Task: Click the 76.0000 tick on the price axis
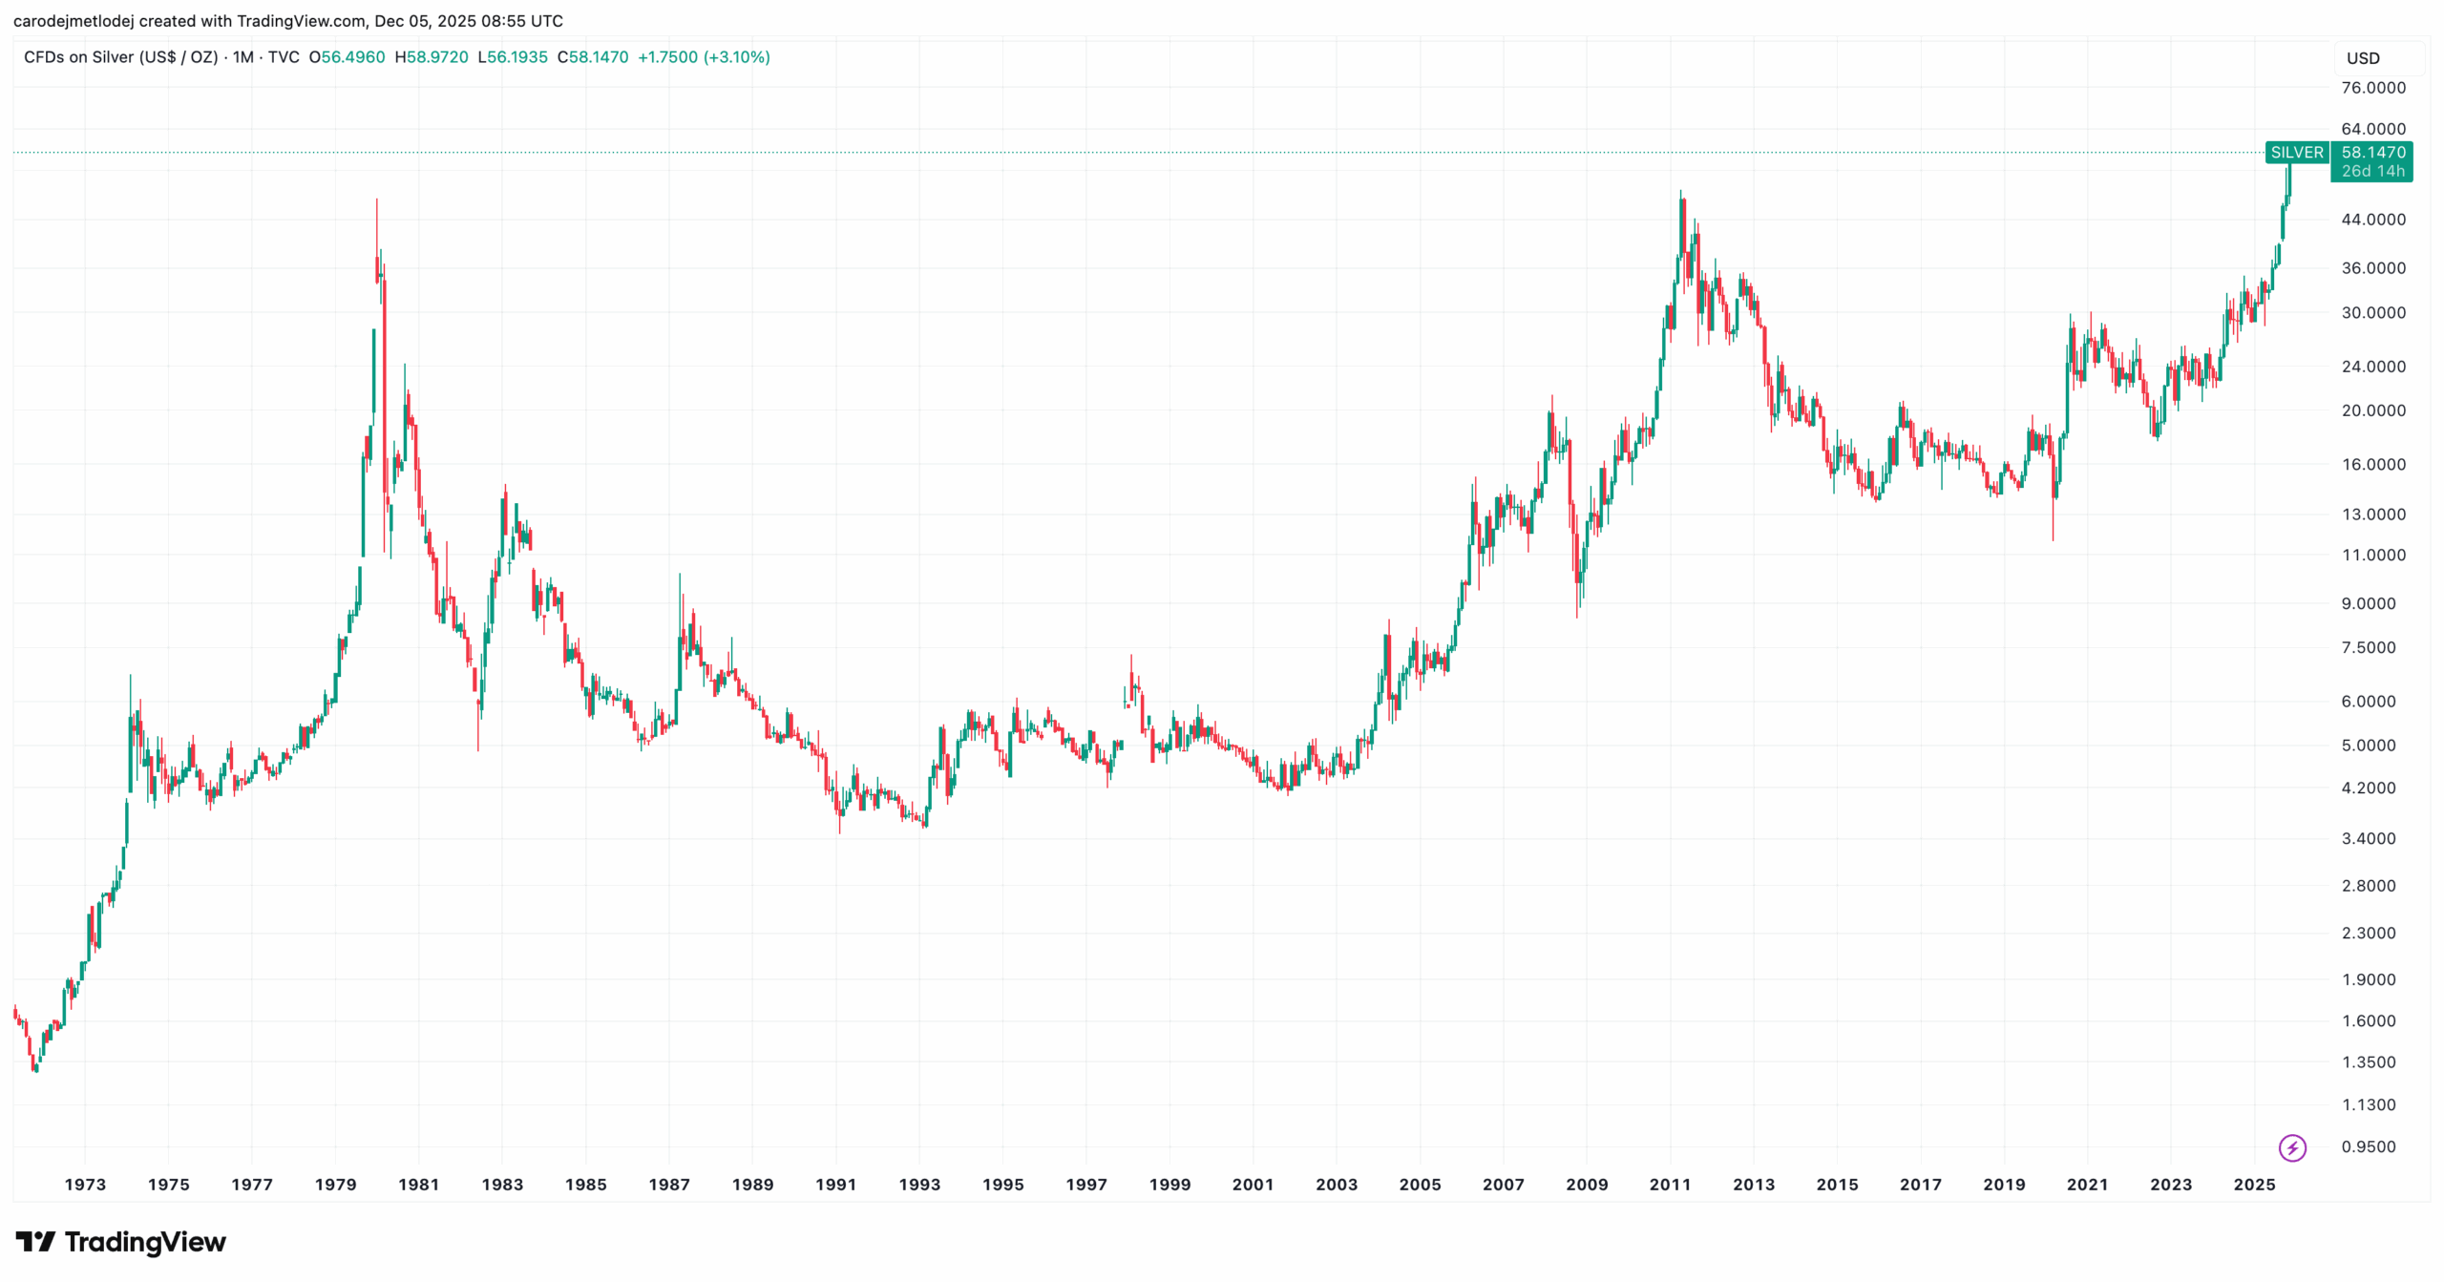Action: click(x=2372, y=88)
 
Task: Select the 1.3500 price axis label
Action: click(x=2368, y=1062)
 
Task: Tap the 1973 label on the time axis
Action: click(x=85, y=1185)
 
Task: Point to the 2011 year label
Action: click(x=1670, y=1185)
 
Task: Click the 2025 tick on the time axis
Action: click(x=2254, y=1185)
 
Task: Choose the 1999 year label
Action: click(x=1169, y=1185)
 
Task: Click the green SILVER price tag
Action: click(x=2296, y=153)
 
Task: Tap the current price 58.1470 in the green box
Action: click(x=2372, y=153)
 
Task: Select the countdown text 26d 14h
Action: click(x=2372, y=172)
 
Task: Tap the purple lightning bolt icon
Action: click(x=2292, y=1147)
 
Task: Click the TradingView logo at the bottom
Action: click(x=120, y=1242)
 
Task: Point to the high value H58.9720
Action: click(x=432, y=57)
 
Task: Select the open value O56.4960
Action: click(x=347, y=57)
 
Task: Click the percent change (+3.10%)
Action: click(x=736, y=57)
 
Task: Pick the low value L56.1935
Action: click(x=513, y=57)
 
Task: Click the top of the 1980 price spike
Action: click(x=376, y=200)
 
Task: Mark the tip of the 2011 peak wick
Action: click(x=1680, y=191)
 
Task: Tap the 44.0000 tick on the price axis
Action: click(x=2372, y=220)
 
